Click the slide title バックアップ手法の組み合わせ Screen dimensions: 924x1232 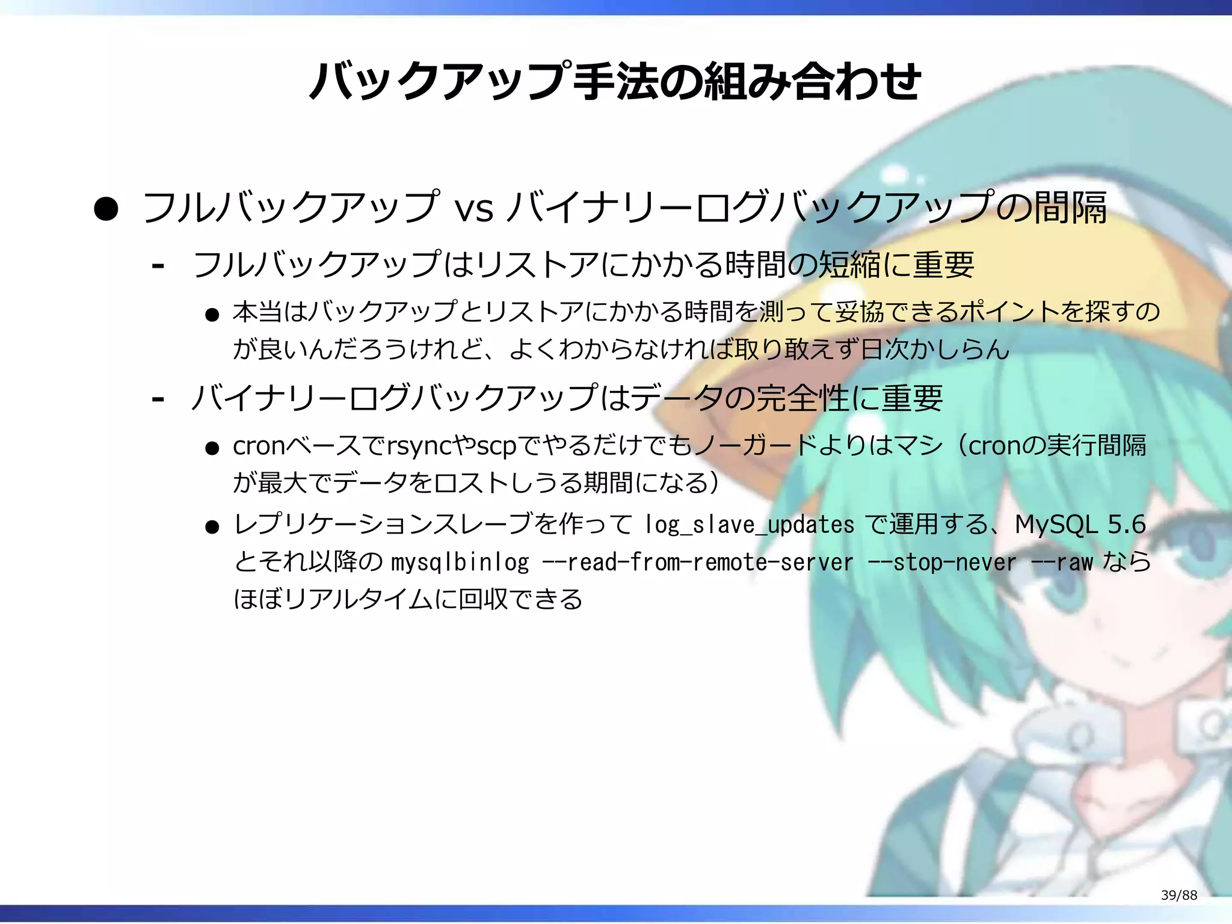click(615, 81)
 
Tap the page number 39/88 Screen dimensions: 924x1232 click(1178, 895)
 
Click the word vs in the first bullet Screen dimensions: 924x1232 click(474, 208)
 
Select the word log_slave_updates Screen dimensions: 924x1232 click(749, 525)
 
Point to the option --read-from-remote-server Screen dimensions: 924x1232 click(697, 562)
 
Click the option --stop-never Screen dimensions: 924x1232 click(942, 562)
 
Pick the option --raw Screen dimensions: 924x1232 click(1062, 562)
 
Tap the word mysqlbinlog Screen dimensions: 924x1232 click(460, 562)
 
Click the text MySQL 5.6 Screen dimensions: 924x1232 click(1080, 525)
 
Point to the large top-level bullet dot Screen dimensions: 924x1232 click(106, 209)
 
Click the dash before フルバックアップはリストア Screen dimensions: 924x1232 click(158, 265)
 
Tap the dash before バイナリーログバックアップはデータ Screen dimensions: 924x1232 click(158, 399)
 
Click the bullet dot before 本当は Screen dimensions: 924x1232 click(212, 315)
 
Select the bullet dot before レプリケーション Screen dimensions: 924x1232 click(212, 528)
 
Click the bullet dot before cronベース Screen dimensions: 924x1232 click(212, 449)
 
